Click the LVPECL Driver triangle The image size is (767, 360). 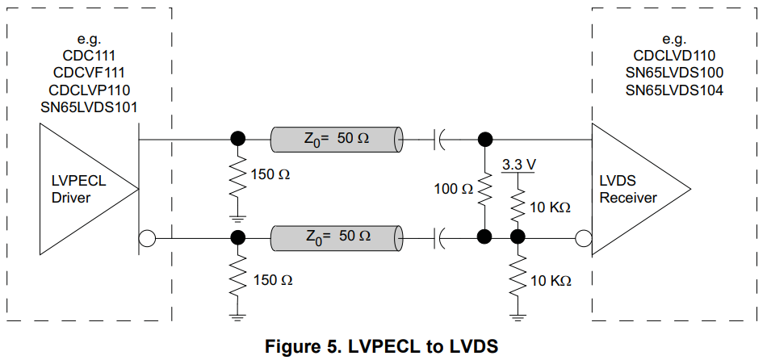point(81,189)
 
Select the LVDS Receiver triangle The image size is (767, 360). point(634,189)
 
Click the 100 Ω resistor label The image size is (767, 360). point(455,190)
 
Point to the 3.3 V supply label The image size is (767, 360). point(518,165)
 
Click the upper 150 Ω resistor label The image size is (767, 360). point(270,174)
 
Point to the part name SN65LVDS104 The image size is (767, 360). point(673,90)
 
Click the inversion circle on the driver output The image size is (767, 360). point(146,238)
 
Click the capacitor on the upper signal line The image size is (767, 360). point(440,139)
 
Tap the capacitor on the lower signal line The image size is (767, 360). point(440,237)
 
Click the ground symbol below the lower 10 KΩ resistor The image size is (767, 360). point(518,314)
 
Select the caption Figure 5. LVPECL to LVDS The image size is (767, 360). point(382,346)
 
